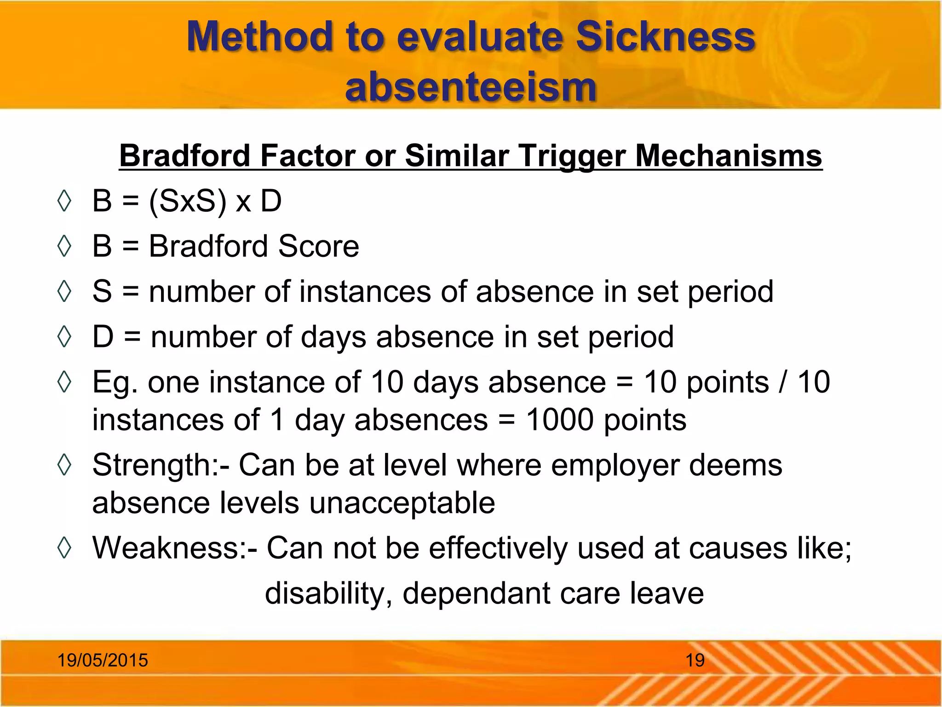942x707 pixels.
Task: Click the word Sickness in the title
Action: tap(665, 37)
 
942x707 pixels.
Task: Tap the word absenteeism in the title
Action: tap(471, 87)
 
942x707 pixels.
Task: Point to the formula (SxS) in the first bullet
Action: tap(188, 201)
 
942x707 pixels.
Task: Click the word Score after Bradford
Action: tap(318, 246)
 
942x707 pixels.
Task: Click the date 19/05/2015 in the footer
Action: tap(102, 660)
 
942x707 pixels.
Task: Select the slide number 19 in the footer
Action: tap(695, 660)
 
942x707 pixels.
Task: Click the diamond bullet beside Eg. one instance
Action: tap(64, 382)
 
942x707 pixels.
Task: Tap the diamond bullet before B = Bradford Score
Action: tap(64, 246)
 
